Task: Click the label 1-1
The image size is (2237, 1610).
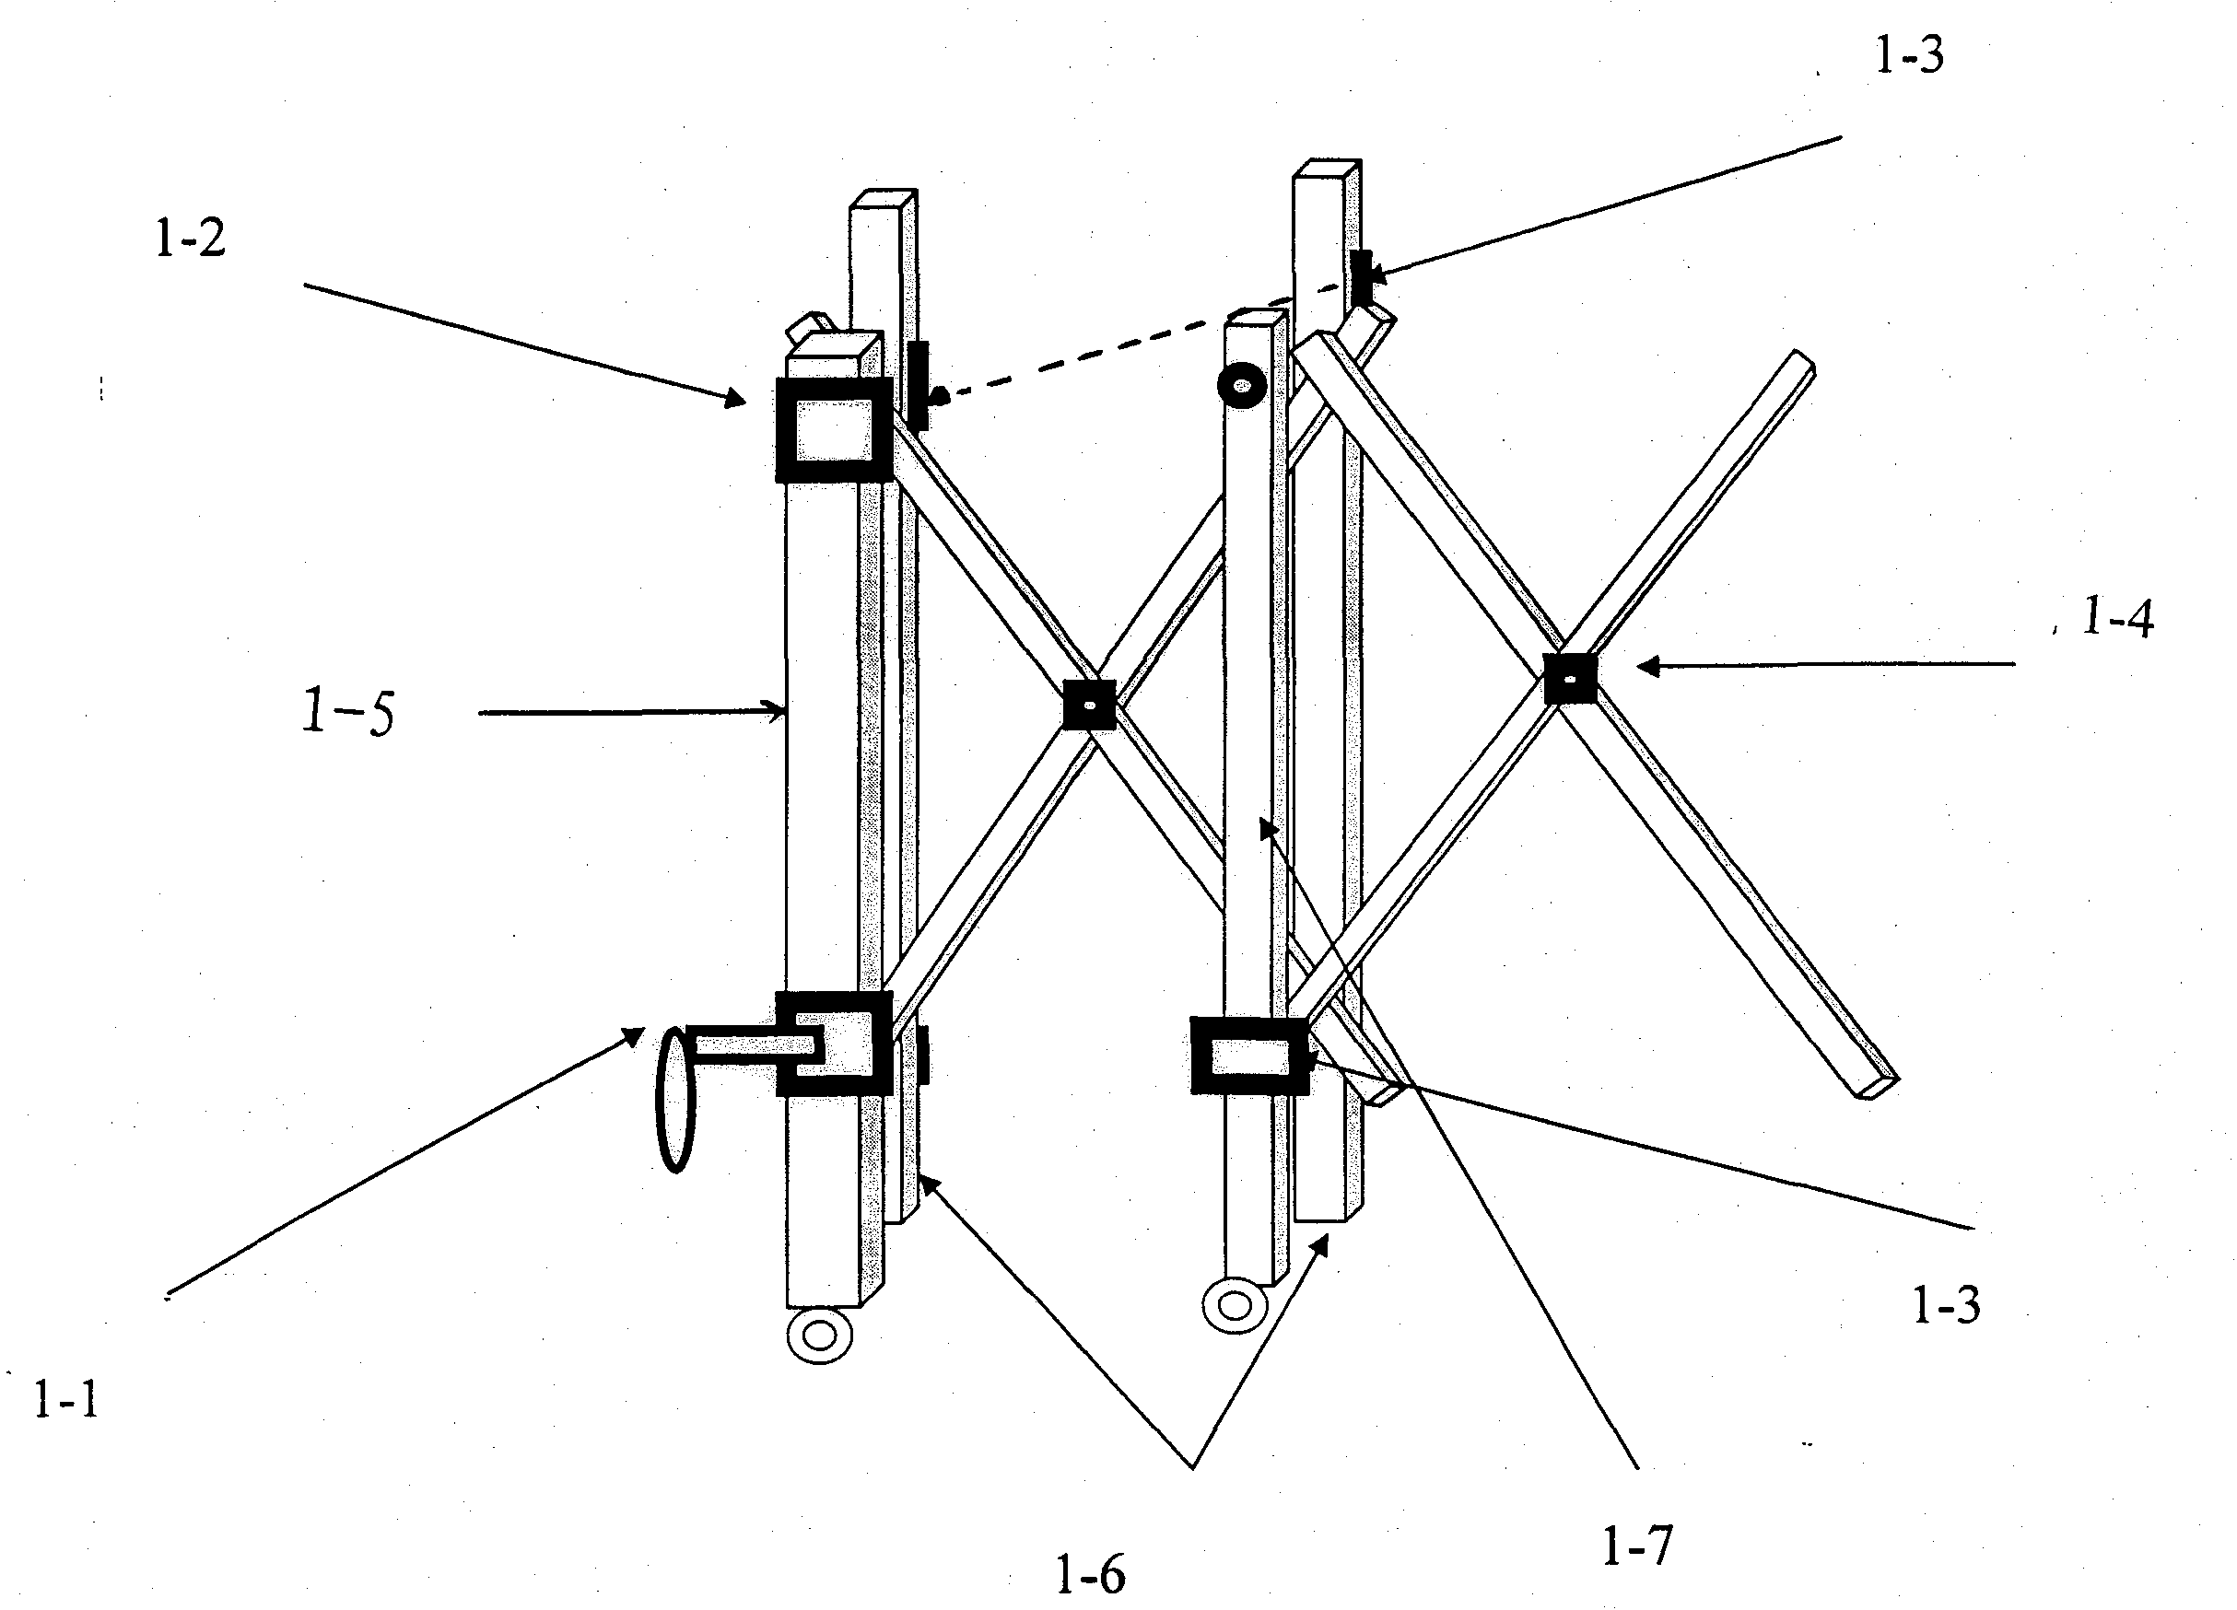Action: click(x=67, y=1399)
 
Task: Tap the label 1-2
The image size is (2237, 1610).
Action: click(x=191, y=238)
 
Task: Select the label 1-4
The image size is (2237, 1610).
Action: click(x=2117, y=618)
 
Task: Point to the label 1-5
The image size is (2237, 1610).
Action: click(x=348, y=712)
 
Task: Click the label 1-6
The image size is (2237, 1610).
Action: click(x=1090, y=1574)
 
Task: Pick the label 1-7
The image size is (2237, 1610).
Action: click(x=1637, y=1546)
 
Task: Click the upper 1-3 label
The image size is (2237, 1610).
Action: click(x=1910, y=55)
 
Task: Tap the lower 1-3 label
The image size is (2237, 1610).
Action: click(x=1946, y=1304)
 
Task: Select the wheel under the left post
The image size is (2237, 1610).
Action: click(x=820, y=1336)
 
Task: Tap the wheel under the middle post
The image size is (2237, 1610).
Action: click(x=1235, y=1305)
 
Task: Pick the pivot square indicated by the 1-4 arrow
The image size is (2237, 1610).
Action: click(x=1569, y=678)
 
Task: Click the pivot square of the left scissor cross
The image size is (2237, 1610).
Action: click(x=1089, y=705)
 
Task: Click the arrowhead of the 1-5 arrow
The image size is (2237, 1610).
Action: click(x=778, y=710)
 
